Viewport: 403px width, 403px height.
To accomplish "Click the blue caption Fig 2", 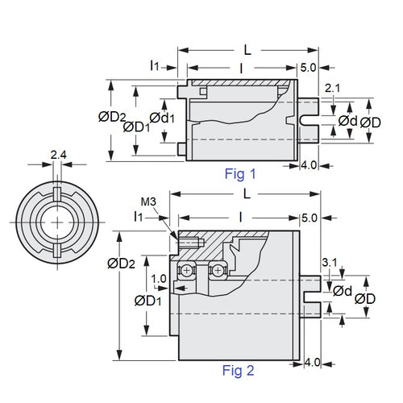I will pyautogui.click(x=238, y=371).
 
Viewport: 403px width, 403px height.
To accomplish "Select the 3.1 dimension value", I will pyautogui.click(x=329, y=263).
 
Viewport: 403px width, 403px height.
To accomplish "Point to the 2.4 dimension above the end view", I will pyautogui.click(x=58, y=154).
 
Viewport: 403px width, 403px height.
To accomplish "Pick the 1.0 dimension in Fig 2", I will pyautogui.click(x=158, y=278).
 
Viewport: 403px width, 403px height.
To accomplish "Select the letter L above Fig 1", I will pyautogui.click(x=247, y=49).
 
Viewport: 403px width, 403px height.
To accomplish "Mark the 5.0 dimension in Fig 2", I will pyautogui.click(x=309, y=218).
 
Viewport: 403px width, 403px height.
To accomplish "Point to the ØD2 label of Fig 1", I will pyautogui.click(x=112, y=117).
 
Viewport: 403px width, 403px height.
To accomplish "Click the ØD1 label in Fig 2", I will pyautogui.click(x=146, y=301).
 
